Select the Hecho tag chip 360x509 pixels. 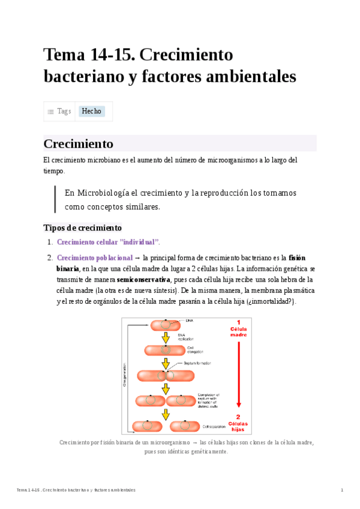[x=92, y=111]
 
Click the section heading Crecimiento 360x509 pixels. [x=79, y=144]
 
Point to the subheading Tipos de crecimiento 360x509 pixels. [x=83, y=227]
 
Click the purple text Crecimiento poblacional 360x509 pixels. [x=94, y=258]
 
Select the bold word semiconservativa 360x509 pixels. [x=143, y=280]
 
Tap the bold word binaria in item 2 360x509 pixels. [x=67, y=269]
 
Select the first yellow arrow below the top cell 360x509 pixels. [x=165, y=338]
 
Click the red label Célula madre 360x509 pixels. [x=238, y=330]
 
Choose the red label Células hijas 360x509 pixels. [x=238, y=424]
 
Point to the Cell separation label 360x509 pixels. [x=214, y=427]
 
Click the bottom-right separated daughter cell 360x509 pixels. [x=185, y=426]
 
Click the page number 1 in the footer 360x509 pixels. [x=341, y=490]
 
